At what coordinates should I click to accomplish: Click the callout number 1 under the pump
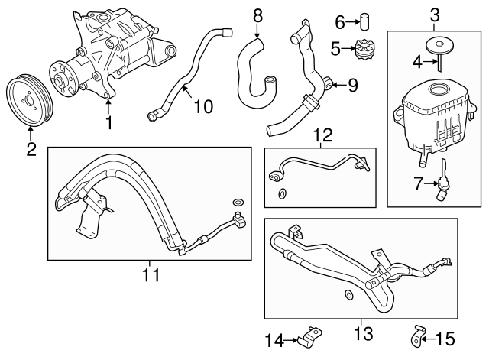click(x=108, y=122)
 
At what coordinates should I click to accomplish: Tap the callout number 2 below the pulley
click(x=31, y=149)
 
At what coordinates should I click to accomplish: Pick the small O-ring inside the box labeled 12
click(x=285, y=193)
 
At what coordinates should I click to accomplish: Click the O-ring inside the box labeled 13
click(x=349, y=294)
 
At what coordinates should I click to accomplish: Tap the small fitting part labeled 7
click(x=442, y=185)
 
